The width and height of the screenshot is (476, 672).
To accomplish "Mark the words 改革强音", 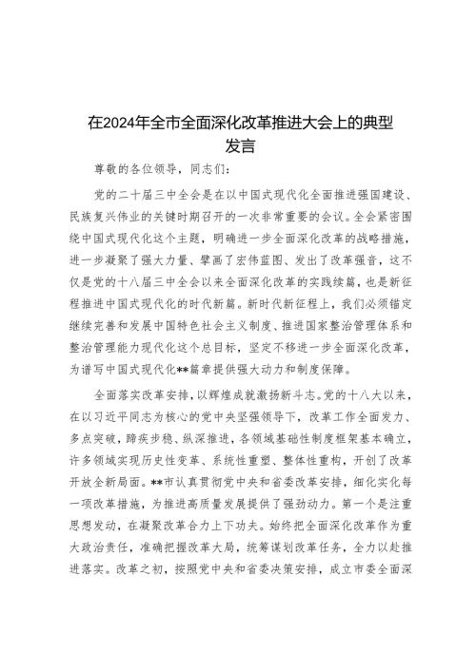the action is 363,259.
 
